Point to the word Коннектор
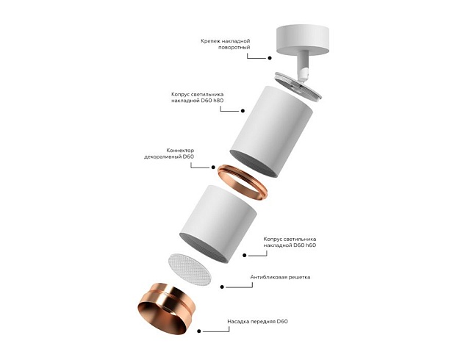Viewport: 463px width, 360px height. click(180, 149)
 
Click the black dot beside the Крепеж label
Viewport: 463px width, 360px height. click(270, 56)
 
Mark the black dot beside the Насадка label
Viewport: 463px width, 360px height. click(204, 332)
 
